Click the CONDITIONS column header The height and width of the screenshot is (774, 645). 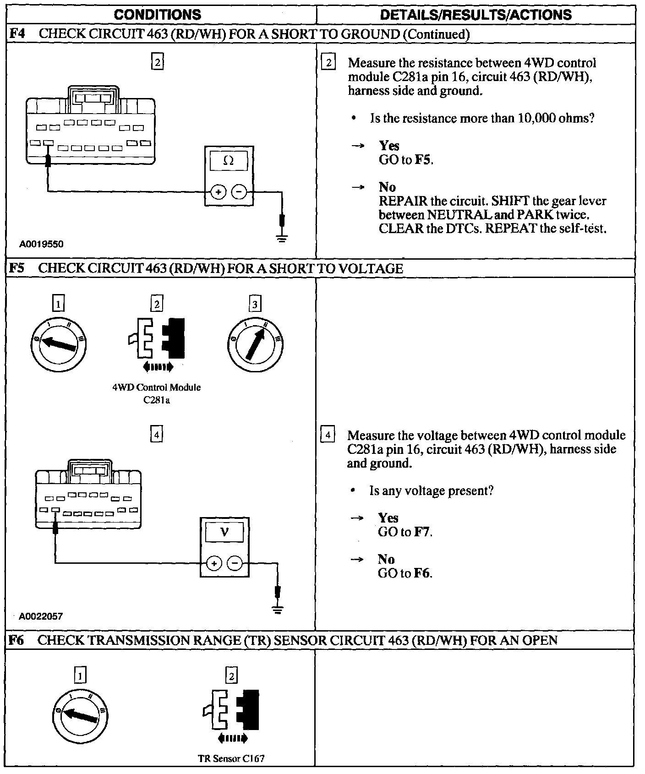157,15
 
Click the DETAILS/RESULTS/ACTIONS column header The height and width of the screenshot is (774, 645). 476,15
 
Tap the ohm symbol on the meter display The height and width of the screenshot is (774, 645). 228,161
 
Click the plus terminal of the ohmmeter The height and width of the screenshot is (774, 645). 218,192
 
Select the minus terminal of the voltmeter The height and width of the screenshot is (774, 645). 235,563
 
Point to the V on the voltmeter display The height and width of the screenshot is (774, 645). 224,532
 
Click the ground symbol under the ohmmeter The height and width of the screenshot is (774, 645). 282,238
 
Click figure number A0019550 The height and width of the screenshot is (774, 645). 41,244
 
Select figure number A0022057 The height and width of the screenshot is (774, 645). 41,616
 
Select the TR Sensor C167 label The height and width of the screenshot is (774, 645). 231,758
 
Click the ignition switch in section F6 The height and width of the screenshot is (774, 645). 80,715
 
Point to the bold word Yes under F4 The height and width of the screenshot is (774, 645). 389,146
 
